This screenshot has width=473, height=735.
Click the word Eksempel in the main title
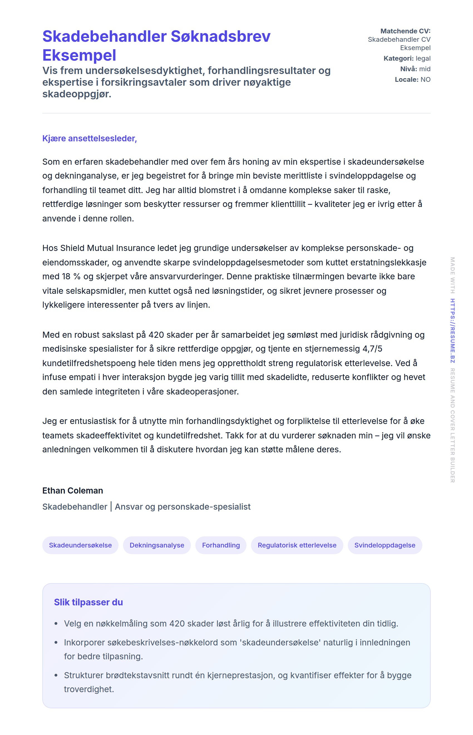click(x=79, y=56)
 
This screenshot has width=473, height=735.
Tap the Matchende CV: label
click(x=405, y=31)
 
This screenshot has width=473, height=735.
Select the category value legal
click(x=423, y=58)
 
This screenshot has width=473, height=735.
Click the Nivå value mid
click(x=425, y=69)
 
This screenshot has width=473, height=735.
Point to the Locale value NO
click(x=425, y=80)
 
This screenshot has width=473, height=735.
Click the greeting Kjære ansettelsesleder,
click(x=89, y=139)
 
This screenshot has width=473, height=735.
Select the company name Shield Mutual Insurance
click(x=107, y=248)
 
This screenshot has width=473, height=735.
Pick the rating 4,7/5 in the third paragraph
click(x=372, y=349)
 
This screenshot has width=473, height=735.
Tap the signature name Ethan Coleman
click(x=73, y=491)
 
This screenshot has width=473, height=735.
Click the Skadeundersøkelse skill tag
click(x=80, y=545)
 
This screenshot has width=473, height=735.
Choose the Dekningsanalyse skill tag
click(x=157, y=545)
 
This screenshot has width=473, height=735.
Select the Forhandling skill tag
click(x=221, y=545)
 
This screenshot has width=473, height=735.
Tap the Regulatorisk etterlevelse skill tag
click(x=297, y=545)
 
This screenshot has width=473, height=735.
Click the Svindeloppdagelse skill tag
click(x=385, y=545)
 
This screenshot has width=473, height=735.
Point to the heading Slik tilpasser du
click(x=88, y=602)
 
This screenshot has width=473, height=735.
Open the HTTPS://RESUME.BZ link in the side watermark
click(x=452, y=331)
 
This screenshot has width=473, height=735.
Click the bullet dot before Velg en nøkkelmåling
click(x=56, y=624)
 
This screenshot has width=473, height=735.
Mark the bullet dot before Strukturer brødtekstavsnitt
click(x=56, y=675)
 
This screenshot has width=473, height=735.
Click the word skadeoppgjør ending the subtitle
click(x=77, y=94)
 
